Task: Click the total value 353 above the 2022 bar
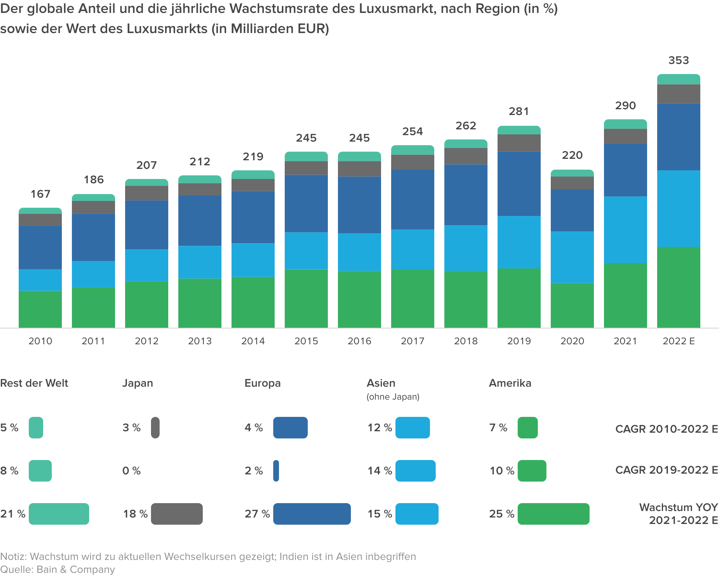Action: coord(678,60)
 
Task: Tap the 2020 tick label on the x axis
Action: coord(572,341)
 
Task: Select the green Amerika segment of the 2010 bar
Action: coord(40,309)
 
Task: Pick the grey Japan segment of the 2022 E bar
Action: coord(678,94)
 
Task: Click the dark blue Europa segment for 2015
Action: coord(306,203)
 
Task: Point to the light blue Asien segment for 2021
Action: coord(625,230)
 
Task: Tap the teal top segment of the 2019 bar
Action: coord(519,130)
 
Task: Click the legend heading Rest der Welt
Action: coord(34,383)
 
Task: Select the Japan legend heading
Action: coord(138,383)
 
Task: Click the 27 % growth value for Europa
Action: coord(257,514)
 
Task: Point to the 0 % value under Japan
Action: coord(132,471)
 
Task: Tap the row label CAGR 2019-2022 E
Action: coord(667,470)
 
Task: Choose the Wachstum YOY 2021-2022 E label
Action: coord(678,514)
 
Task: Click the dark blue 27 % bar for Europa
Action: coord(312,514)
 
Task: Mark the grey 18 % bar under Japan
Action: coord(177,514)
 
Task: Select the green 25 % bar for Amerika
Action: coord(553,514)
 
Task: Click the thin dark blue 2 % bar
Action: coord(276,471)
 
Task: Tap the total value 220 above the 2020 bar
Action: coord(572,155)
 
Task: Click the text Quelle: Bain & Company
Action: coord(58,569)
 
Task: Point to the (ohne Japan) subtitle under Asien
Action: coord(393,397)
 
